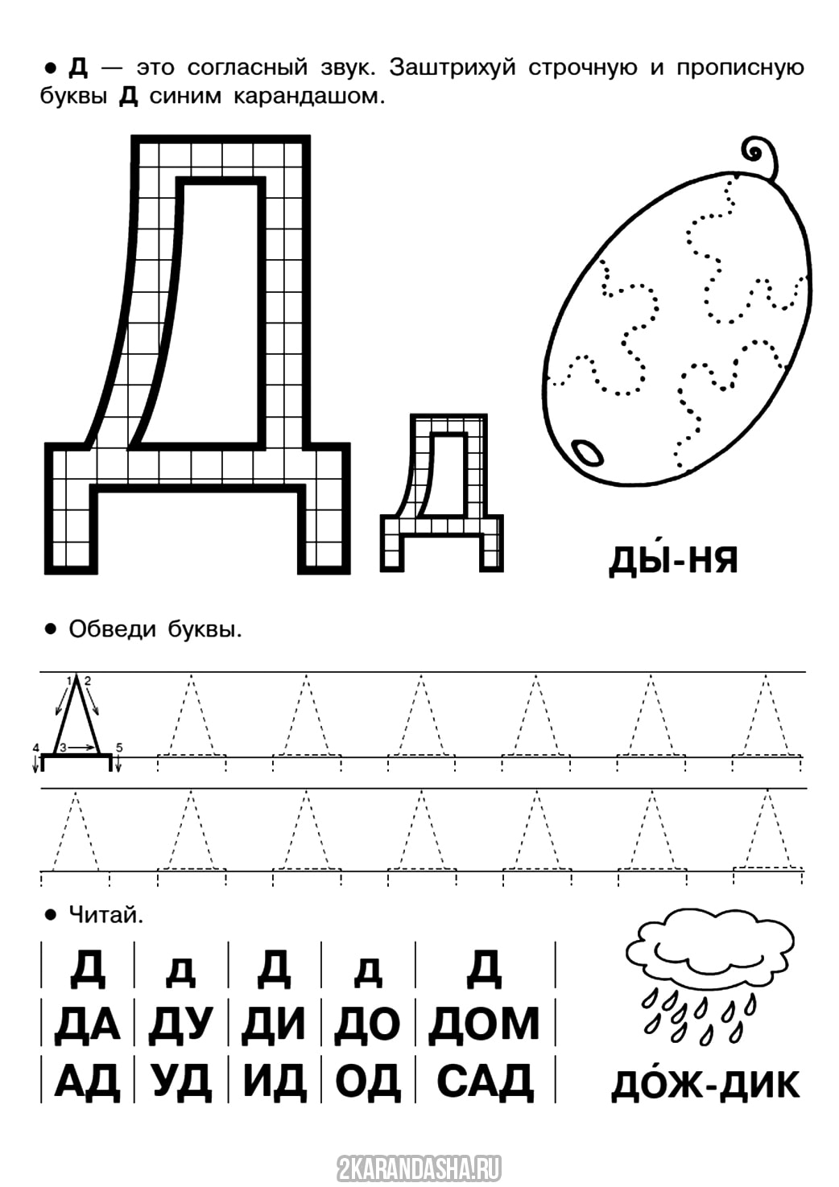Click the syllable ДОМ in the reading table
484,1022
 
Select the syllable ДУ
180,1022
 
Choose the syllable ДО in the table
366,1022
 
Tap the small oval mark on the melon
588,452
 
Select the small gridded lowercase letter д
441,493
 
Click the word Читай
105,915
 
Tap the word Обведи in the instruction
113,629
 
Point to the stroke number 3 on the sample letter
63,747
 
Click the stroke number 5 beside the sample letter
119,747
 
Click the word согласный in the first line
246,68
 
